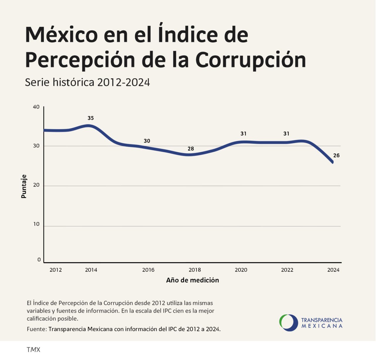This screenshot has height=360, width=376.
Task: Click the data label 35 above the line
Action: (90, 118)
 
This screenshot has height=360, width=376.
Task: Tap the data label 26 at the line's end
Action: (336, 156)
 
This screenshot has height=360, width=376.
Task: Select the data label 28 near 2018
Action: (191, 149)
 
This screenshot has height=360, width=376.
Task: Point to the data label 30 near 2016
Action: (147, 141)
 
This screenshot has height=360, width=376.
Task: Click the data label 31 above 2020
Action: (244, 134)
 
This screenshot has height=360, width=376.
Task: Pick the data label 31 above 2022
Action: (286, 134)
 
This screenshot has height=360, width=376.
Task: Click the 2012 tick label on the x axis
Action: (56, 270)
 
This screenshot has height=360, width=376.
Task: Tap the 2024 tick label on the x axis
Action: (333, 270)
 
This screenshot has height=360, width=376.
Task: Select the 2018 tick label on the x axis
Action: (195, 270)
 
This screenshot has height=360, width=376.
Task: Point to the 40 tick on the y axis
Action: (36, 107)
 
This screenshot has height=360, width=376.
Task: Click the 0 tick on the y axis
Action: (39, 260)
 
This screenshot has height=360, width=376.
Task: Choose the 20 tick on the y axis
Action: (36, 185)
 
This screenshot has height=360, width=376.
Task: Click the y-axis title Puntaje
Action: (24, 186)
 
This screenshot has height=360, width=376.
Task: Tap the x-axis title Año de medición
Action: (192, 280)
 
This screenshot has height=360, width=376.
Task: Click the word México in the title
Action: (61, 35)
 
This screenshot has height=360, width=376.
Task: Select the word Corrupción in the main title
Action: (251, 60)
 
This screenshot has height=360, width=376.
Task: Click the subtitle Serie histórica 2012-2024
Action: (87, 82)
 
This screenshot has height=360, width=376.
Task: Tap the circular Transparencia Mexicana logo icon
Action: (288, 323)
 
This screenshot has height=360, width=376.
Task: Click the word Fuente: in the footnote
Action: (37, 329)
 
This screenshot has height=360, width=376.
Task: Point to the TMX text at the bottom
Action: (33, 350)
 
